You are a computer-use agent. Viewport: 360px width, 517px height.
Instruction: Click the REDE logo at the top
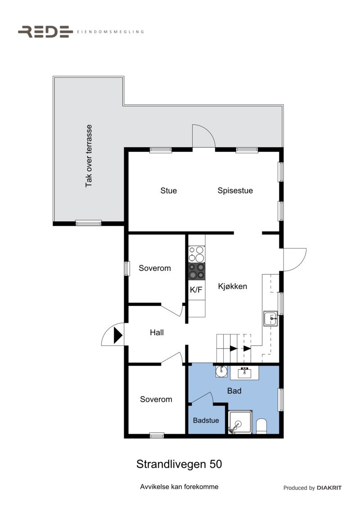(45, 32)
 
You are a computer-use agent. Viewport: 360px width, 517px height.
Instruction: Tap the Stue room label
(169, 190)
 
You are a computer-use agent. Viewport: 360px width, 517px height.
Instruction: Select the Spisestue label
(235, 190)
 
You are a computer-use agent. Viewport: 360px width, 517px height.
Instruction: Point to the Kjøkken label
(233, 286)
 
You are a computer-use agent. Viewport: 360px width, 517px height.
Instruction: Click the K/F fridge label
(196, 290)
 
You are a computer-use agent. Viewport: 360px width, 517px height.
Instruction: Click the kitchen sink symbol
(271, 318)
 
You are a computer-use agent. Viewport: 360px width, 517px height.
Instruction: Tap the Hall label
(157, 333)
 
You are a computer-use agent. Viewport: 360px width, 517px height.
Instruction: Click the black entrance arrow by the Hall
(118, 336)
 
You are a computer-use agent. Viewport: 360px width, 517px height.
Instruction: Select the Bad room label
(234, 391)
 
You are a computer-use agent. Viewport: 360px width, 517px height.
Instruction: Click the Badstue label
(206, 421)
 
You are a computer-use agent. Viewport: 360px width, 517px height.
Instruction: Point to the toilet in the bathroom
(261, 426)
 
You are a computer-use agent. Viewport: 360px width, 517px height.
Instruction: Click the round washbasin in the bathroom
(221, 371)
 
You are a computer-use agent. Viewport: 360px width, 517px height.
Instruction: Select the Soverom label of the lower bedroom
(156, 399)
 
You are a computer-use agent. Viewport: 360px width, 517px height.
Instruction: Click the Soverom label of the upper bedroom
(155, 268)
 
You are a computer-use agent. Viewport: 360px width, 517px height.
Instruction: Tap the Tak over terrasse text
(89, 156)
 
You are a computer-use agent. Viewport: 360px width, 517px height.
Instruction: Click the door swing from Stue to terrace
(204, 136)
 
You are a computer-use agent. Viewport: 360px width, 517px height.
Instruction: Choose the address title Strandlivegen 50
(179, 464)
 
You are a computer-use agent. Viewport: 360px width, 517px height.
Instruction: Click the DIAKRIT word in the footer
(329, 488)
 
